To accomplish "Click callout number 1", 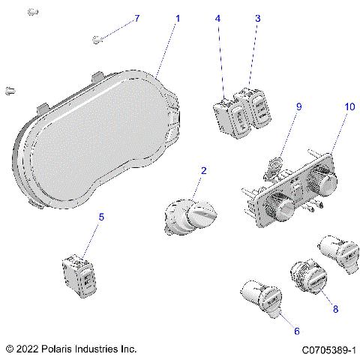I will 177,16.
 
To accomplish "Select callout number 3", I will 257,17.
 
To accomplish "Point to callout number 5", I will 102,217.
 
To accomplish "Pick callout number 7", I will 136,17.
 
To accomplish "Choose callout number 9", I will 298,107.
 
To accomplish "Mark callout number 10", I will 349,107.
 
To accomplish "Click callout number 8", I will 334,308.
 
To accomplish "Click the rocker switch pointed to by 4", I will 230,115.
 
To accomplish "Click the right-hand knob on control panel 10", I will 320,180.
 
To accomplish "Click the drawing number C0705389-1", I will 328,349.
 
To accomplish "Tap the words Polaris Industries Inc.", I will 98,349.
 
